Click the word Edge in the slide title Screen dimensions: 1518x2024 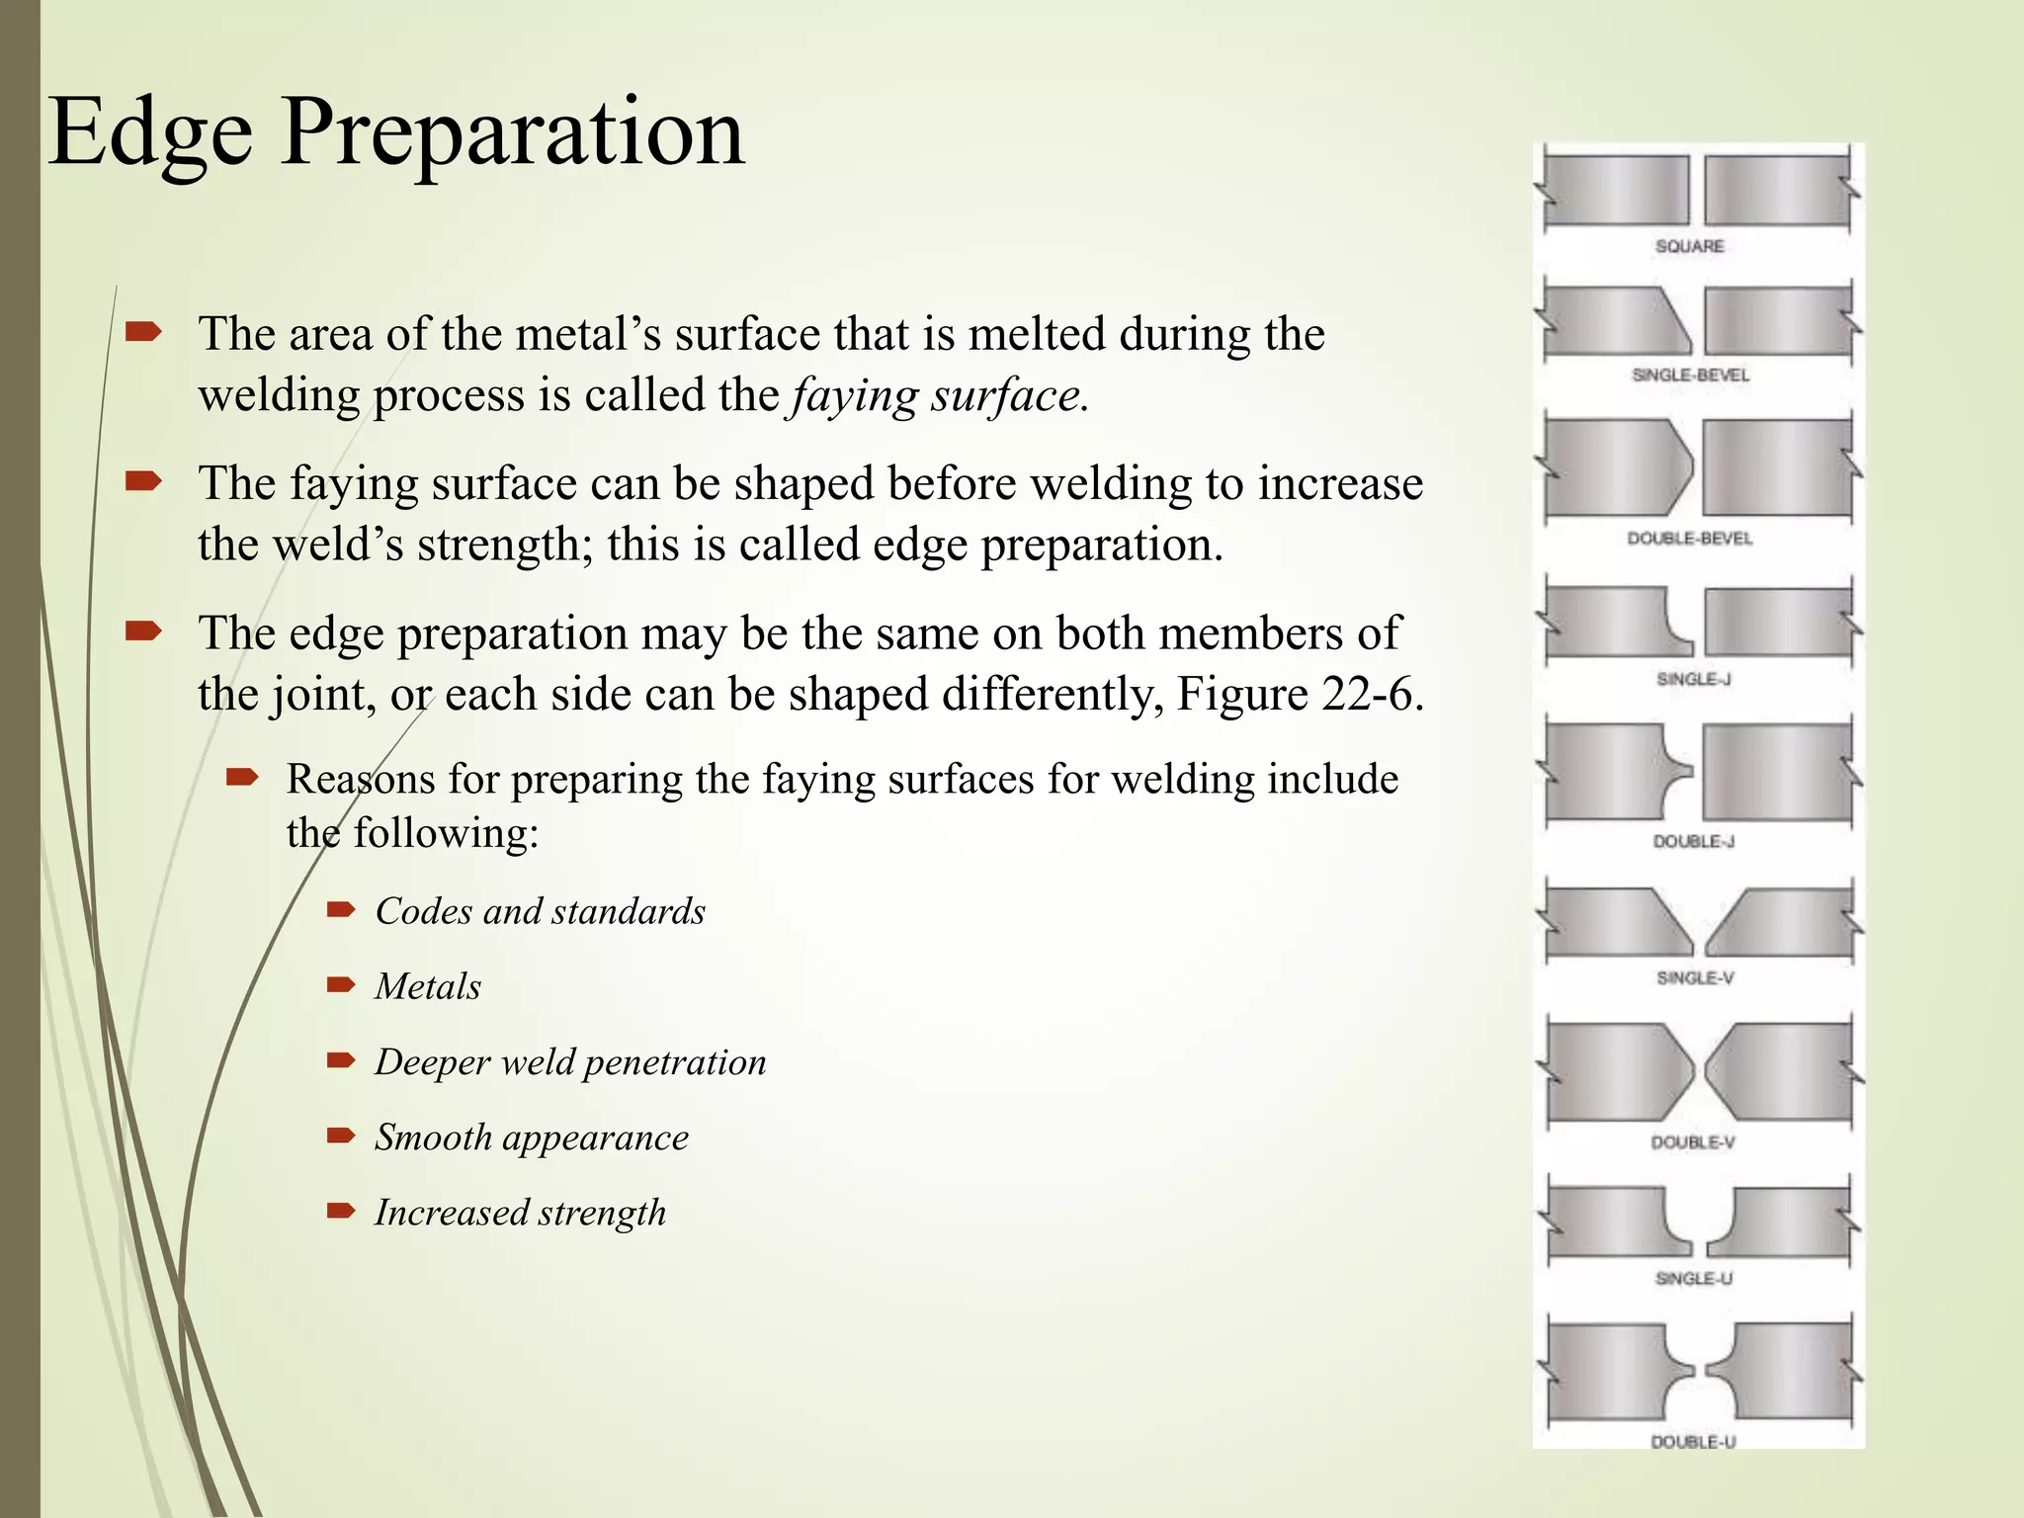pyautogui.click(x=149, y=133)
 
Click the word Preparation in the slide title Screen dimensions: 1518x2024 pyautogui.click(x=512, y=133)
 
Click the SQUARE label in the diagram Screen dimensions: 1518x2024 pyautogui.click(x=1690, y=246)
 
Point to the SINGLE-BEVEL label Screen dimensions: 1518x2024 pyautogui.click(x=1690, y=376)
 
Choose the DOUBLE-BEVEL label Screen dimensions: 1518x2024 pyautogui.click(x=1690, y=539)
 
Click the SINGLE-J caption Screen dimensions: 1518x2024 pyautogui.click(x=1693, y=679)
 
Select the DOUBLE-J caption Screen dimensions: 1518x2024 pyautogui.click(x=1693, y=841)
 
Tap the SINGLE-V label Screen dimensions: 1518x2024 pyautogui.click(x=1695, y=977)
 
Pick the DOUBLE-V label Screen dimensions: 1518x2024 pyautogui.click(x=1693, y=1142)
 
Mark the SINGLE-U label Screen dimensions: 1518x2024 pyautogui.click(x=1694, y=1278)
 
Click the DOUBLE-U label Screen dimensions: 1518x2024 pyautogui.click(x=1693, y=1442)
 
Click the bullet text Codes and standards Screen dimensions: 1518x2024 pyautogui.click(x=540, y=911)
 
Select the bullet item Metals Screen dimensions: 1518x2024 pyautogui.click(x=427, y=986)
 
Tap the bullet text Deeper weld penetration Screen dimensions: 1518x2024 pyautogui.click(x=570, y=1062)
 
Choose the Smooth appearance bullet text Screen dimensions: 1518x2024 pyautogui.click(x=531, y=1138)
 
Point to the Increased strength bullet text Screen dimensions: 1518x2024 pyautogui.click(x=520, y=1213)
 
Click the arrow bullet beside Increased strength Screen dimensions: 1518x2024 pyautogui.click(x=341, y=1211)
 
